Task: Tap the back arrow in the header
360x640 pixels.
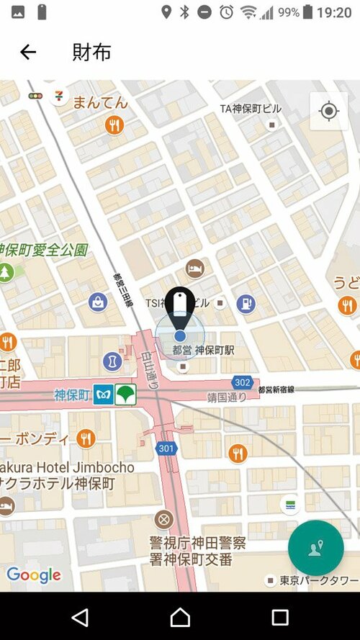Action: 28,52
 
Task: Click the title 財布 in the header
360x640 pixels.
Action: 91,52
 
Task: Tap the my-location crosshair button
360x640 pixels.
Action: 329,111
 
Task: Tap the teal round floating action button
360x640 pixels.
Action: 315,548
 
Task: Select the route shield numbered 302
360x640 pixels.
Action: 242,382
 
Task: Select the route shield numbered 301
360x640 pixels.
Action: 166,449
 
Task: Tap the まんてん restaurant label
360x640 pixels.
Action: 100,102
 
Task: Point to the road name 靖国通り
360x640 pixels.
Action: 228,397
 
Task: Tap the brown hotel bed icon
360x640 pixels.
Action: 194,269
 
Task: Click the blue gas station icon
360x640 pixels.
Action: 246,303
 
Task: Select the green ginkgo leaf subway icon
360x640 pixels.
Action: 127,395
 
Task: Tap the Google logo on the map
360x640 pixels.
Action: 34,574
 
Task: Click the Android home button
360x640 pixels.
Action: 180,617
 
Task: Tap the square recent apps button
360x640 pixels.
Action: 279,617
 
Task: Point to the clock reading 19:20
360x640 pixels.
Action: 334,13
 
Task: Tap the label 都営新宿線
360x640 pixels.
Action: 286,389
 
